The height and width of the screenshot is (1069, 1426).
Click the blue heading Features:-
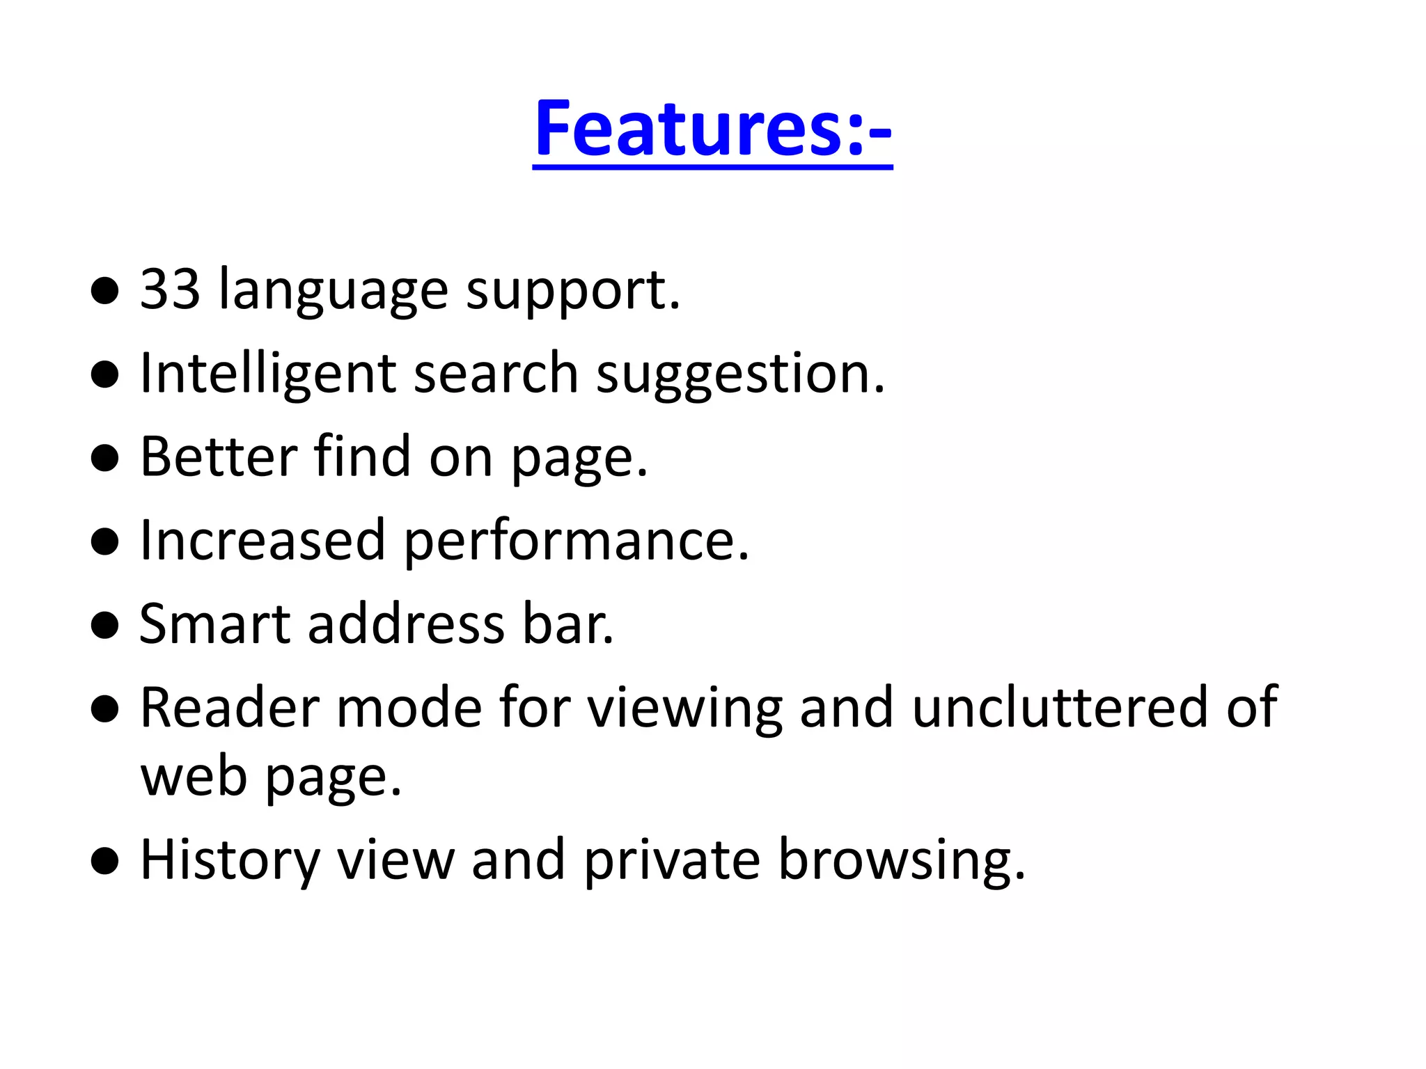click(x=712, y=129)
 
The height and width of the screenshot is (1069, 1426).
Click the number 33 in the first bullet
click(x=171, y=289)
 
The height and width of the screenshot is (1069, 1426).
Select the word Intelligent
click(x=268, y=374)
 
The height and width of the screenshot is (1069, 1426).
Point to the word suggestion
click(x=740, y=376)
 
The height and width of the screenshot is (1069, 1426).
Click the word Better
click(x=219, y=457)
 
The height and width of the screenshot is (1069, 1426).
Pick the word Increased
click(x=263, y=540)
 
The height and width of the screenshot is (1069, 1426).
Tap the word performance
click(x=576, y=543)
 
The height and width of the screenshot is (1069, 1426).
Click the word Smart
click(x=214, y=624)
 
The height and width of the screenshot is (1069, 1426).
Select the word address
click(x=406, y=624)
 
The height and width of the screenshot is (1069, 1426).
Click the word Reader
click(x=230, y=708)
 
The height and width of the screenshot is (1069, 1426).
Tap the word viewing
click(x=685, y=710)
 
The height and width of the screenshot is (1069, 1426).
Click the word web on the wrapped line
click(x=194, y=777)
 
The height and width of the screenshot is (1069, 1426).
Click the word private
click(x=671, y=862)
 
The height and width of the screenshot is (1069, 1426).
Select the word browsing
click(x=901, y=862)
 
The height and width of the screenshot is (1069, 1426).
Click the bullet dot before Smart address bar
click(x=105, y=625)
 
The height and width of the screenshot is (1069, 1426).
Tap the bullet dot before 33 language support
click(x=105, y=290)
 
